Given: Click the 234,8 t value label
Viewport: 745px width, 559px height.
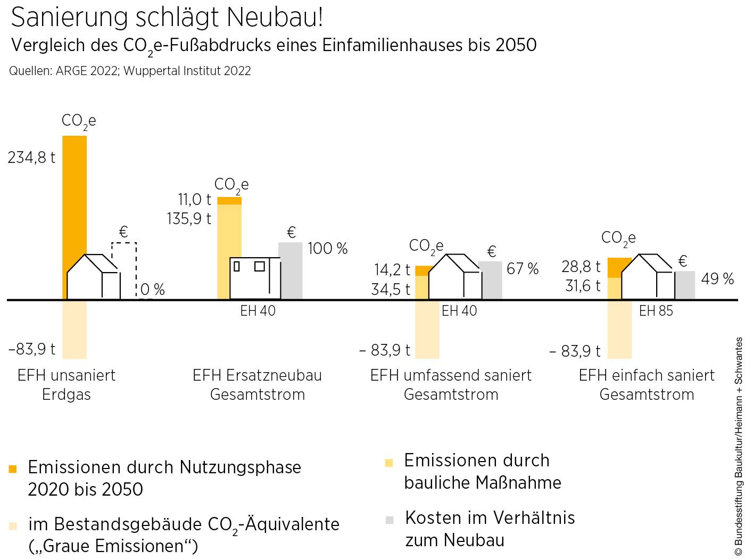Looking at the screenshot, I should coord(31,158).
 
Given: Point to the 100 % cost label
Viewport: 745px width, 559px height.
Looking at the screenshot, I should coord(327,249).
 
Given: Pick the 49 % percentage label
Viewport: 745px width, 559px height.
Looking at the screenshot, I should coord(717,279).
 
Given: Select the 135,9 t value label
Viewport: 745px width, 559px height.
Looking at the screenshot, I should coord(189,219).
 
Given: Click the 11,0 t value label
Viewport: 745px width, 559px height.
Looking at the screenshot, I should coord(194,200).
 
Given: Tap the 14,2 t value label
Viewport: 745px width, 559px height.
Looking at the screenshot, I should coord(392,270).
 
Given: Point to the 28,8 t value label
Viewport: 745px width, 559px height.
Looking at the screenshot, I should coord(581,267).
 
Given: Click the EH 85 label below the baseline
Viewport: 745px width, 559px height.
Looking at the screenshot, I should coord(656,311).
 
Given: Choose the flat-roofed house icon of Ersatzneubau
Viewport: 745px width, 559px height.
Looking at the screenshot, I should coord(255,278).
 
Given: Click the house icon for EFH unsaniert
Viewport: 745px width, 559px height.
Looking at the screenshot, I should coord(93,277).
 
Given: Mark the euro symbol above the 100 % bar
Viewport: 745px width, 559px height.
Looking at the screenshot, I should coord(291,233).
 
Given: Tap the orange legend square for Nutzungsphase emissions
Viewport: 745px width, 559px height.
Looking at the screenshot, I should coord(13,469).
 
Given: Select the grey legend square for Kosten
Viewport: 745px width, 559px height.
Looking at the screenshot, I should coord(390,520).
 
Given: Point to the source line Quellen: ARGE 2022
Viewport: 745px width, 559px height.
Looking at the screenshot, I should coord(130,71).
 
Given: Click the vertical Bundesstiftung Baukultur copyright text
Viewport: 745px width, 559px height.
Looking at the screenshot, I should coord(739,447).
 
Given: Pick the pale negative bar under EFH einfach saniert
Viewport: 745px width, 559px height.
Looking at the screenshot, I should coord(619,330).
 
